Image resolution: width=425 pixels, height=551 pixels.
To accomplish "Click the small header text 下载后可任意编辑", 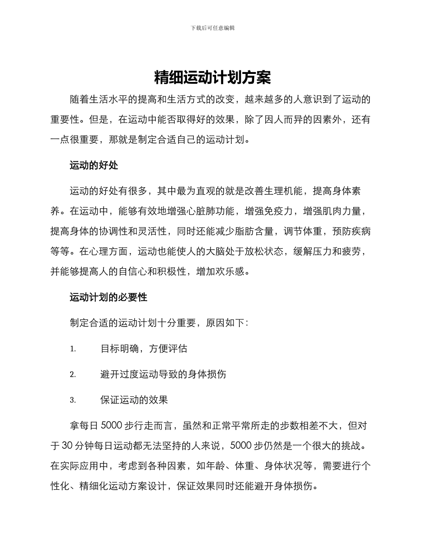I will click(x=212, y=28).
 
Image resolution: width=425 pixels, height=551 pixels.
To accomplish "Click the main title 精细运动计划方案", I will click(x=212, y=78).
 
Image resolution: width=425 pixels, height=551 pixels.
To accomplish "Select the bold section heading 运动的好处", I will click(x=93, y=165).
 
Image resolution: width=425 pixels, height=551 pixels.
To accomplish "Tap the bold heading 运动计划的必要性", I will click(x=108, y=297).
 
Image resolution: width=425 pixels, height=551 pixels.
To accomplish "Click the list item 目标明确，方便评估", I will click(x=144, y=349).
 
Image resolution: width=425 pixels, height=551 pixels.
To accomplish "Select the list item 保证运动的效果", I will click(x=134, y=400).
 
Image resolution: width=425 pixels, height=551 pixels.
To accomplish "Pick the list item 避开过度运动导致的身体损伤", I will click(x=163, y=374).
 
